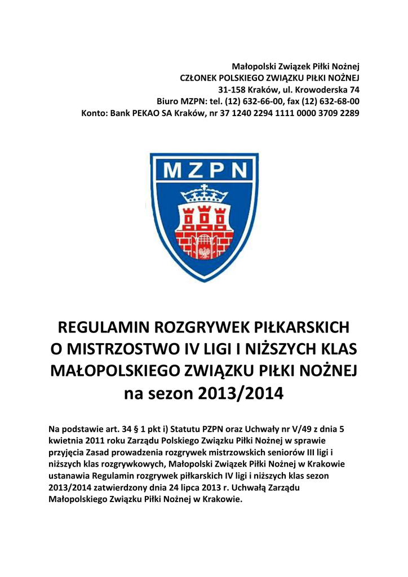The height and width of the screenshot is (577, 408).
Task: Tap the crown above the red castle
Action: pyautogui.click(x=204, y=196)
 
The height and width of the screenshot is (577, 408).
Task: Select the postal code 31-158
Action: pyautogui.click(x=232, y=90)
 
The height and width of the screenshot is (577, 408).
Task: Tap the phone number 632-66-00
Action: pyautogui.click(x=264, y=101)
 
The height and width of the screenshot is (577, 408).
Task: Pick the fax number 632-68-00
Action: pyautogui.click(x=336, y=101)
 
